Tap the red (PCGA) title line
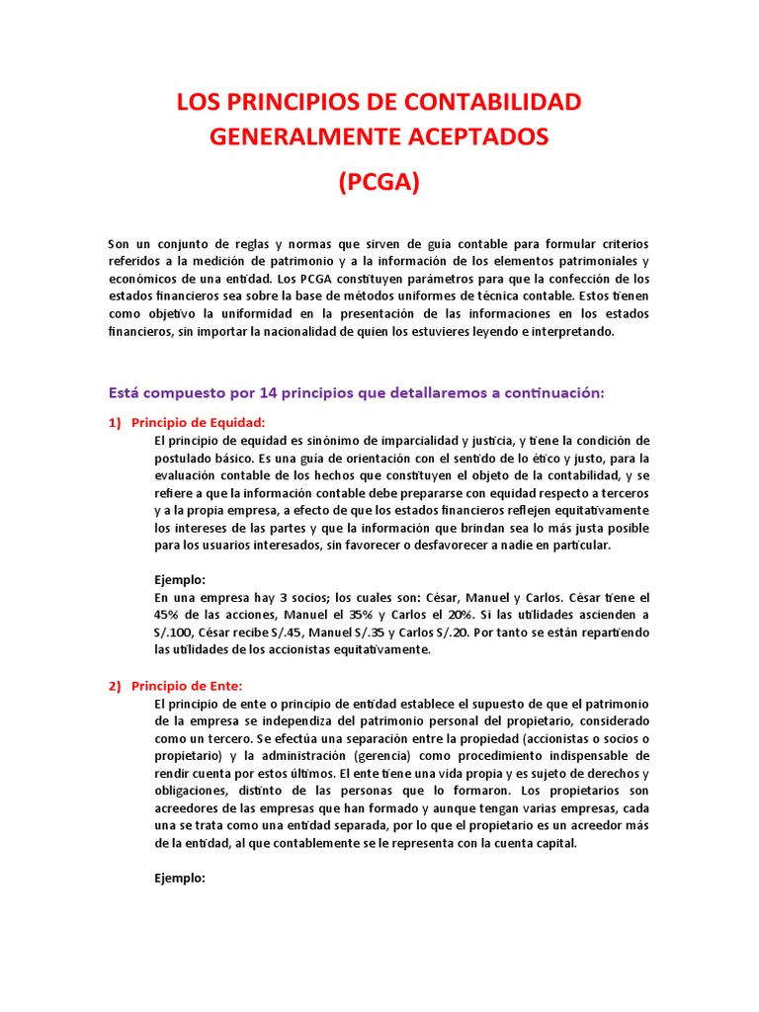tap(379, 182)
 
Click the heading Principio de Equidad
tap(199, 422)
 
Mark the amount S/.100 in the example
tap(174, 632)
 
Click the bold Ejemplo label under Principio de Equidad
tap(181, 580)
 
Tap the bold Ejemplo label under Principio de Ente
tap(181, 878)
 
